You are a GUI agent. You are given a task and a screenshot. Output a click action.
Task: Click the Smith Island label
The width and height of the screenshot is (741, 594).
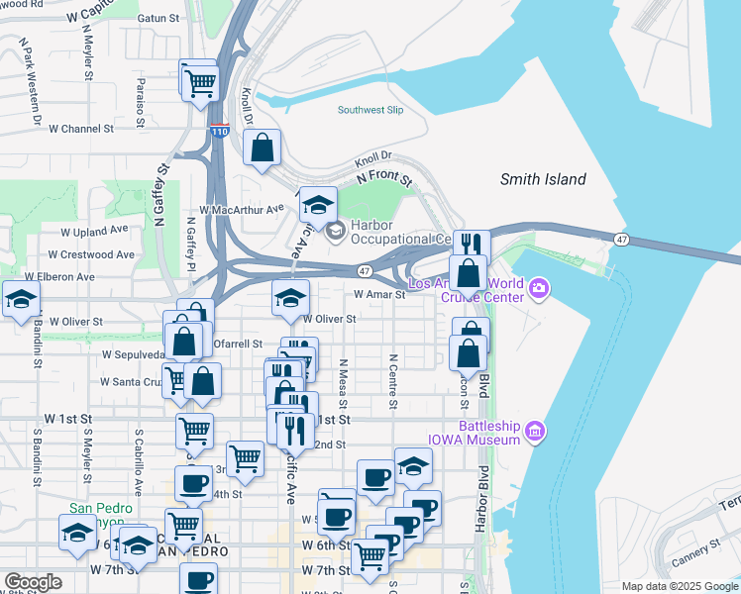pos(542,179)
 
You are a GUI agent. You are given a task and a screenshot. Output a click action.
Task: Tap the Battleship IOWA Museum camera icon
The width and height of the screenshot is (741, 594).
pos(536,431)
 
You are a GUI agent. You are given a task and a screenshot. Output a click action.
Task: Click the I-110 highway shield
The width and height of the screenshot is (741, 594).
pos(220,131)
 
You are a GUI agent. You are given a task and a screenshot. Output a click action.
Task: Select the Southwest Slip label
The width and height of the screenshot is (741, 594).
pos(370,110)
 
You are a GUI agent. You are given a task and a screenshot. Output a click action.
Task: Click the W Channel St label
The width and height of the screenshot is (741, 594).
pos(73,129)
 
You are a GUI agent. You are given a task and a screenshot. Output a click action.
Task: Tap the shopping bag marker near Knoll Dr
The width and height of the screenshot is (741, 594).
pos(262,148)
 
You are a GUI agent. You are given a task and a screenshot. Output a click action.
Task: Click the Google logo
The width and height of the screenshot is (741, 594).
pos(33,581)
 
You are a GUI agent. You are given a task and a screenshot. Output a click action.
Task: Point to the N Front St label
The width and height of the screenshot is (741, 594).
pos(383,177)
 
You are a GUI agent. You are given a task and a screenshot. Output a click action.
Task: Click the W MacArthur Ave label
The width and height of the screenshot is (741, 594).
pos(241,210)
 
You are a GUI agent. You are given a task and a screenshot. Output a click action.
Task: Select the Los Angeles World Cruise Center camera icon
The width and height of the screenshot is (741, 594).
pos(539,289)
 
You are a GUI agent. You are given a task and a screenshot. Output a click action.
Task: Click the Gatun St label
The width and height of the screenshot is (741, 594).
pos(159,18)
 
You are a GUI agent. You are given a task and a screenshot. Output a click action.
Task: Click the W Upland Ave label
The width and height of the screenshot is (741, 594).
pos(95,229)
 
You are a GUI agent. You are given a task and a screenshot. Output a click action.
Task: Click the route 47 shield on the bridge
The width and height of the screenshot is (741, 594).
pos(621,240)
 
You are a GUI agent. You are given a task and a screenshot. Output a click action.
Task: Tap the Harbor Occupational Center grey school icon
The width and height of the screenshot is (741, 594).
pos(335,231)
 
